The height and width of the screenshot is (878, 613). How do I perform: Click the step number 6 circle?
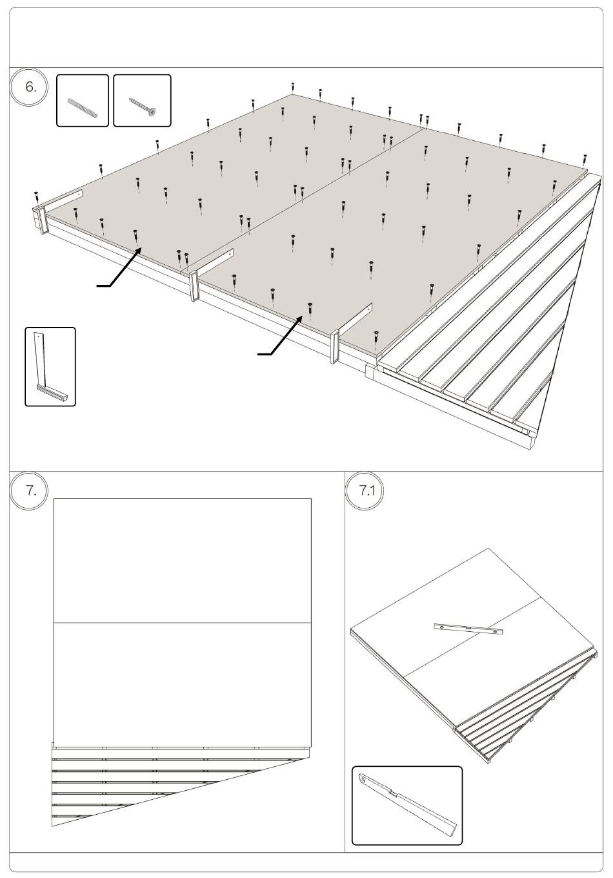pyautogui.click(x=28, y=87)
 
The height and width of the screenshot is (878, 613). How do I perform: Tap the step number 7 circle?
pyautogui.click(x=28, y=491)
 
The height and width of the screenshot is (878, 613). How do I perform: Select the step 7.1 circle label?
pyautogui.click(x=365, y=491)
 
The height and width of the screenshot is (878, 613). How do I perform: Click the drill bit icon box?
pyautogui.click(x=83, y=101)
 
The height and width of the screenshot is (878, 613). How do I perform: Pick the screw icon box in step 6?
pyautogui.click(x=142, y=101)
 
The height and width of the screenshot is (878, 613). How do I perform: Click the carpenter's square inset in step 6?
pyautogui.click(x=50, y=367)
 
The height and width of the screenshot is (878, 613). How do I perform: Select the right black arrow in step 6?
pyautogui.click(x=280, y=335)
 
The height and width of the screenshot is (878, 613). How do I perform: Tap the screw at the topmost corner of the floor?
pyautogui.click(x=293, y=88)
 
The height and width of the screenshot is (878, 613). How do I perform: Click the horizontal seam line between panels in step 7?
pyautogui.click(x=183, y=623)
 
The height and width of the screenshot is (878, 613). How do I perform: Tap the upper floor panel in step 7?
pyautogui.click(x=183, y=561)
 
